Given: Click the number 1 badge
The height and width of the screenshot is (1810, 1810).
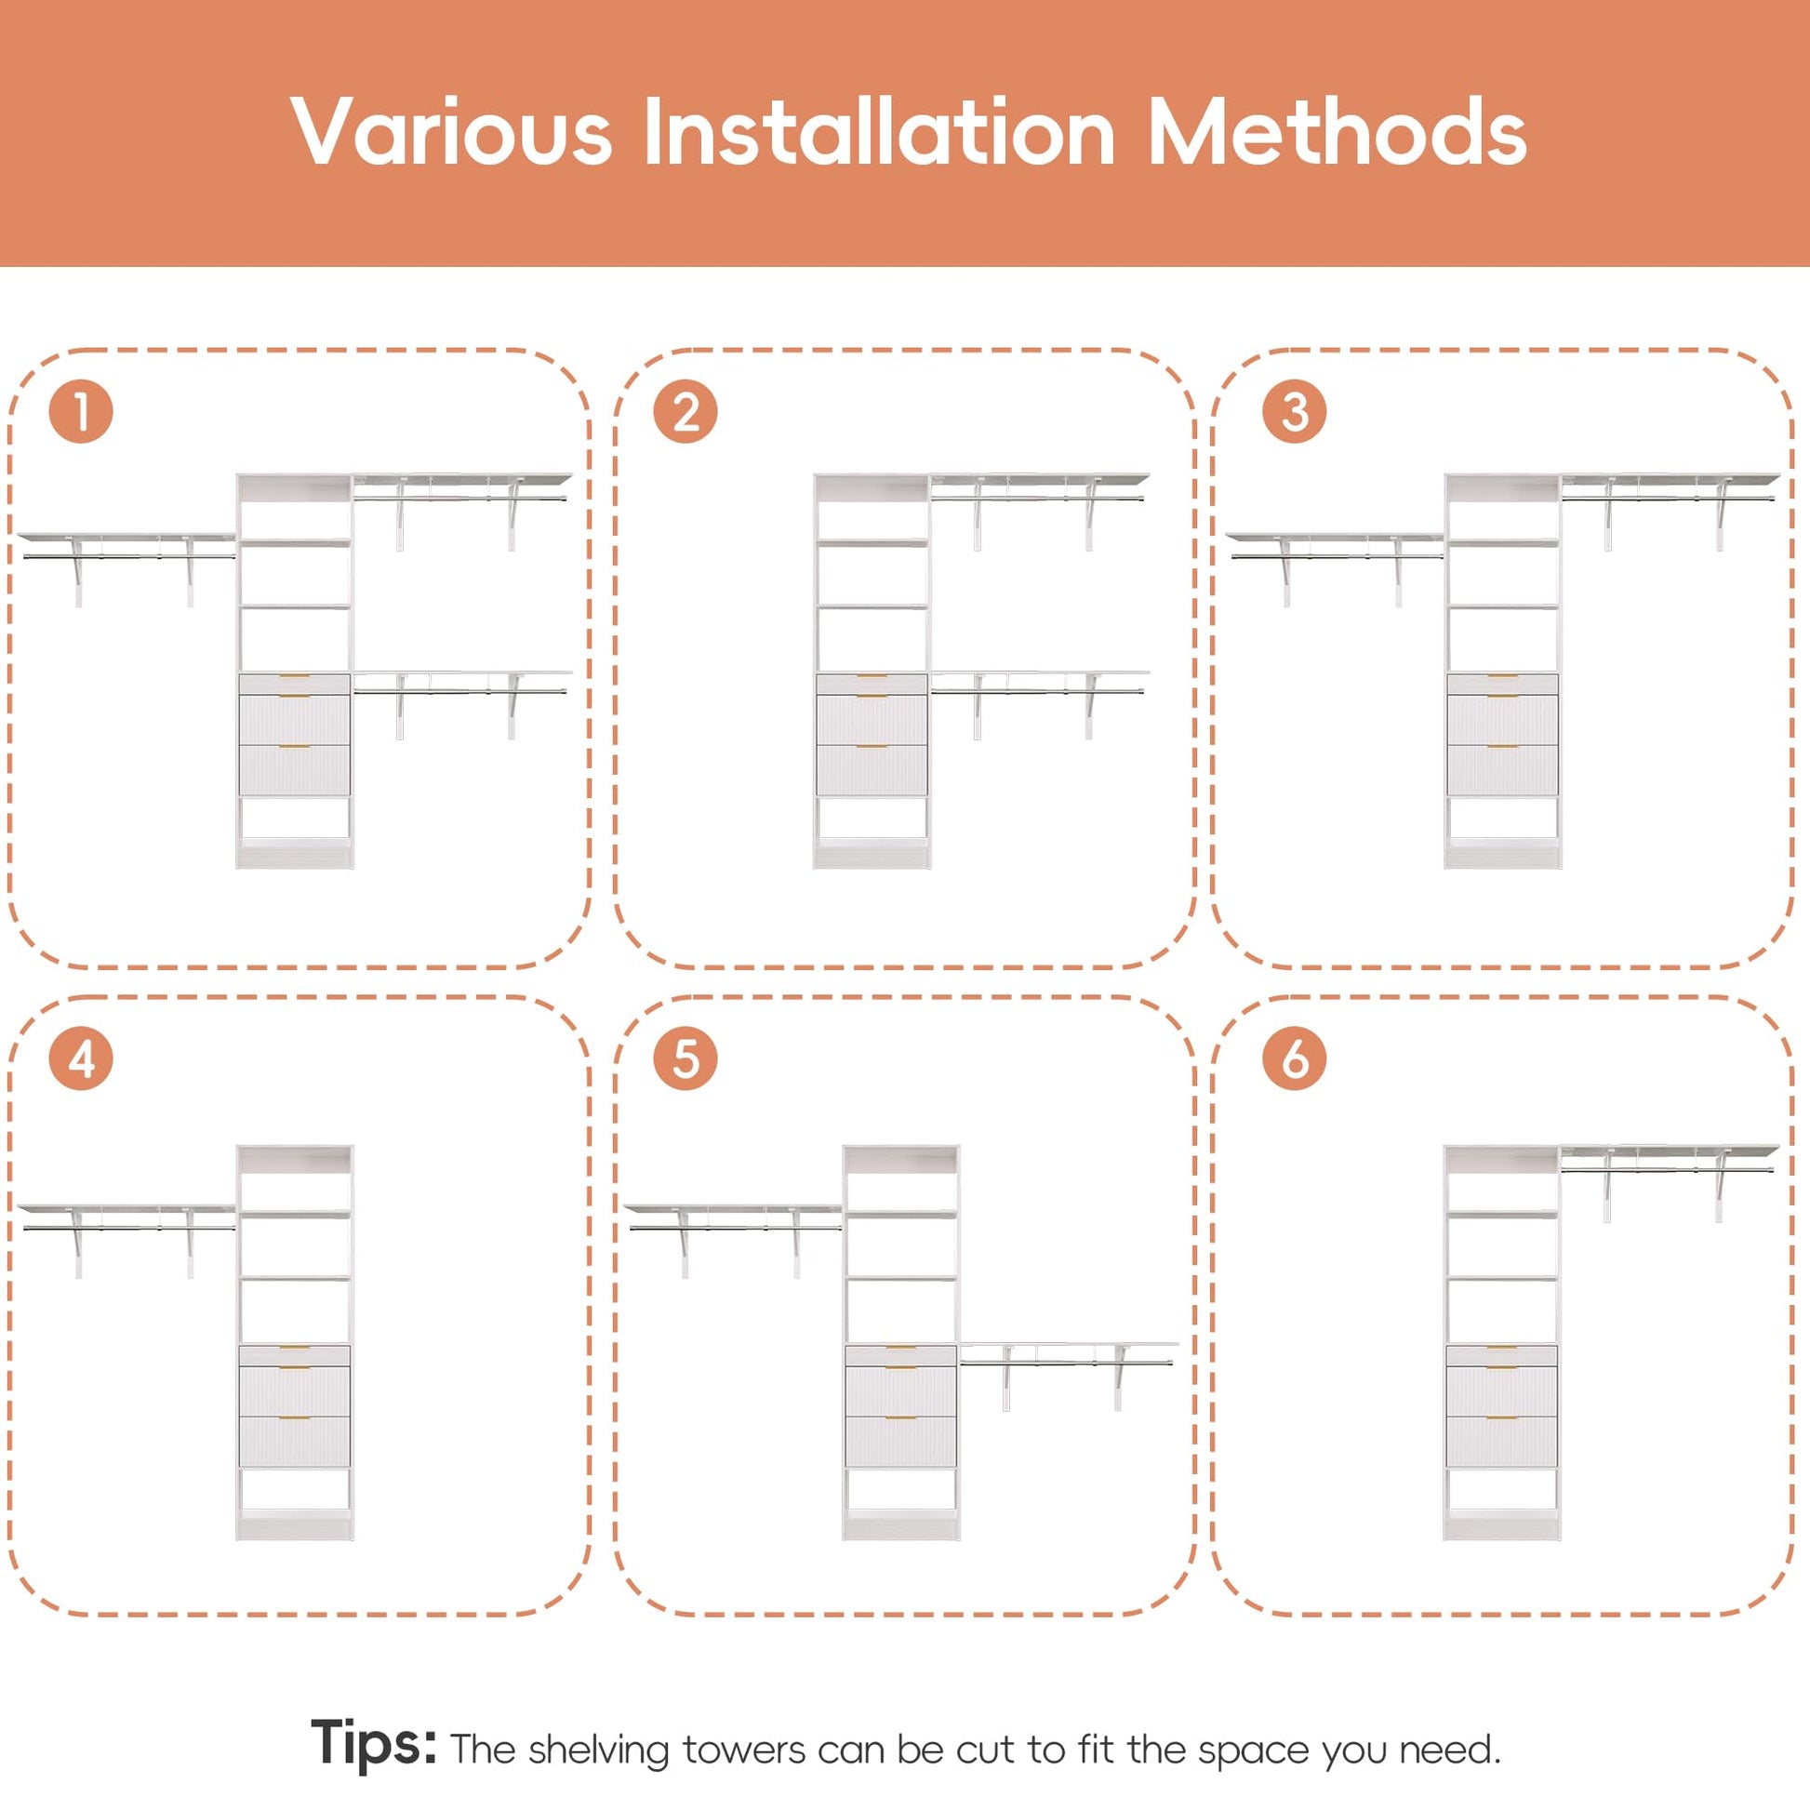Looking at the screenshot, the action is click(82, 411).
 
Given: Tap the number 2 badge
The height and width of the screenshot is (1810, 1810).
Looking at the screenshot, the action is click(685, 411).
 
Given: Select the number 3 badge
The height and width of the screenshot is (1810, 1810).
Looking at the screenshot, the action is click(1294, 411).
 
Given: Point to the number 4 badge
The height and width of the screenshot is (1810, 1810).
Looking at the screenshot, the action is click(82, 1058).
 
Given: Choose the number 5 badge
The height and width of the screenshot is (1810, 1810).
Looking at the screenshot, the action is click(685, 1058).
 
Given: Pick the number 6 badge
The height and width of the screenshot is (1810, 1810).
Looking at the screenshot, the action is click(1294, 1058).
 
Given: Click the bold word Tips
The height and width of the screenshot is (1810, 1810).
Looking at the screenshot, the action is click(373, 1742).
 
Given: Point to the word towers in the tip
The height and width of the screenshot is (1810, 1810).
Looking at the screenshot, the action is click(744, 1750).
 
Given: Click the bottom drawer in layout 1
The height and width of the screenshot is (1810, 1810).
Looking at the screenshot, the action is click(295, 770).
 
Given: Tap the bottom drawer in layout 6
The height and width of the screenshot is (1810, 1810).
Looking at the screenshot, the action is click(1502, 1442).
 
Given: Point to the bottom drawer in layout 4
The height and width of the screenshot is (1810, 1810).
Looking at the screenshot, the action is click(295, 1442).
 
